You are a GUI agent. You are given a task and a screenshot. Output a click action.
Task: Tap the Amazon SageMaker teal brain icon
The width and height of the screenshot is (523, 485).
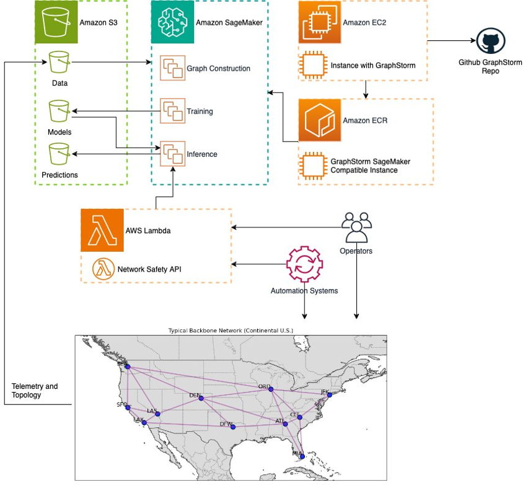point(172,22)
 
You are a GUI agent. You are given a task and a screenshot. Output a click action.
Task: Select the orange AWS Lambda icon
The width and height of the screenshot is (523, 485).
point(102,230)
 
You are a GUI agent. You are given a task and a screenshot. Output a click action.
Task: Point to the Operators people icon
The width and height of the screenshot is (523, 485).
point(356,228)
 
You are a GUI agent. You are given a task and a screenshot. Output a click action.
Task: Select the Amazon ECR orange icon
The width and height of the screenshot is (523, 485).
point(320,120)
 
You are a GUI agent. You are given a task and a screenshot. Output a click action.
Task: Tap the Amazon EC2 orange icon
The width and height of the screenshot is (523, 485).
point(320,23)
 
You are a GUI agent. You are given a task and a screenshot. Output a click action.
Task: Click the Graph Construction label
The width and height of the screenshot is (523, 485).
point(218,68)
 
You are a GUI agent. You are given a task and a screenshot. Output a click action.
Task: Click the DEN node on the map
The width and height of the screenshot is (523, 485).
point(201,398)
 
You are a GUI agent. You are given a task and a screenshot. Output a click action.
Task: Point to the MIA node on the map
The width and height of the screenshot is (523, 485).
point(302,456)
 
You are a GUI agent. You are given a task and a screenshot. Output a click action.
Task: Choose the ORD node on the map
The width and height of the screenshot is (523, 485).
point(270,389)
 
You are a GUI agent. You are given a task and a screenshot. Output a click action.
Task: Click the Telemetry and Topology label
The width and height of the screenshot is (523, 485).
point(35,390)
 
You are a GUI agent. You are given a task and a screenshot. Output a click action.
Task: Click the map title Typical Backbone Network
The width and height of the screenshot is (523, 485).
point(231,331)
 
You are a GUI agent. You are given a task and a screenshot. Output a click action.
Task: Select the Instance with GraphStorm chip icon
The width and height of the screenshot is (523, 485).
point(312,65)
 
